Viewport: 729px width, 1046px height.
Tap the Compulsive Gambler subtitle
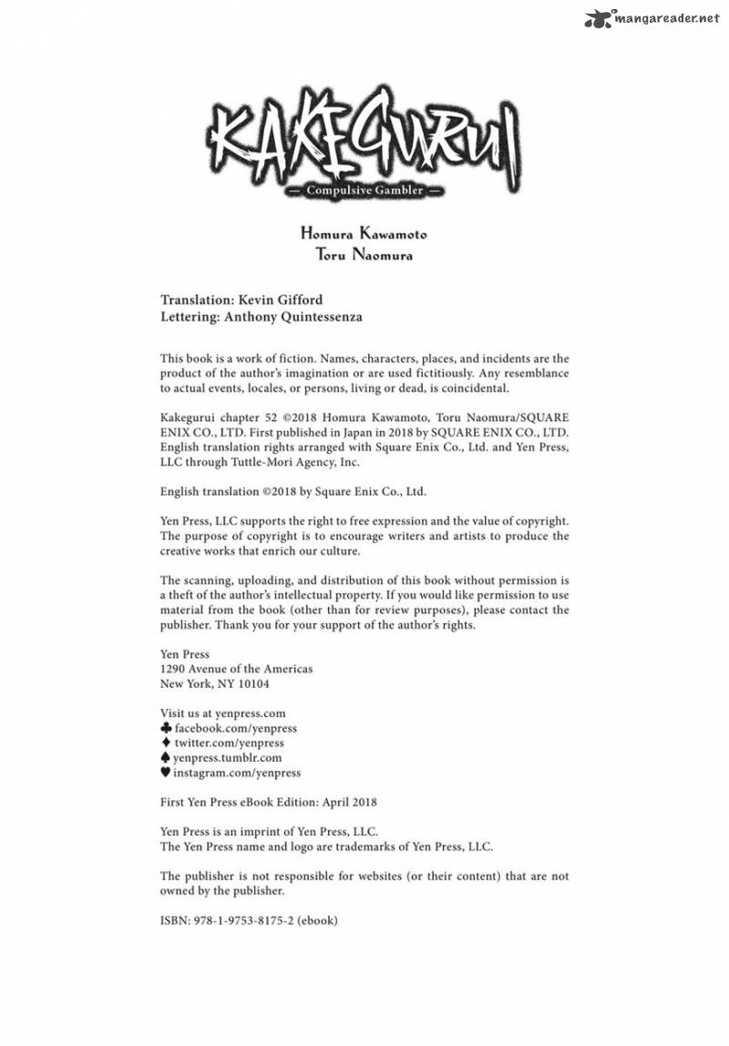point(364,190)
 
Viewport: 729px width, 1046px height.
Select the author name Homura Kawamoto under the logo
point(364,234)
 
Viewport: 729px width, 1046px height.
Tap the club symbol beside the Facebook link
point(165,728)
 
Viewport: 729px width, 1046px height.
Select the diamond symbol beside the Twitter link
point(165,743)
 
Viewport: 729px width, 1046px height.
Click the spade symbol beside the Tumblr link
point(165,757)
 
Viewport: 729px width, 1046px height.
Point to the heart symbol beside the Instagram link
point(165,772)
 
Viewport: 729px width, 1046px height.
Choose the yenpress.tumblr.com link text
point(227,757)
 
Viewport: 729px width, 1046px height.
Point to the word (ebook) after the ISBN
point(320,920)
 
